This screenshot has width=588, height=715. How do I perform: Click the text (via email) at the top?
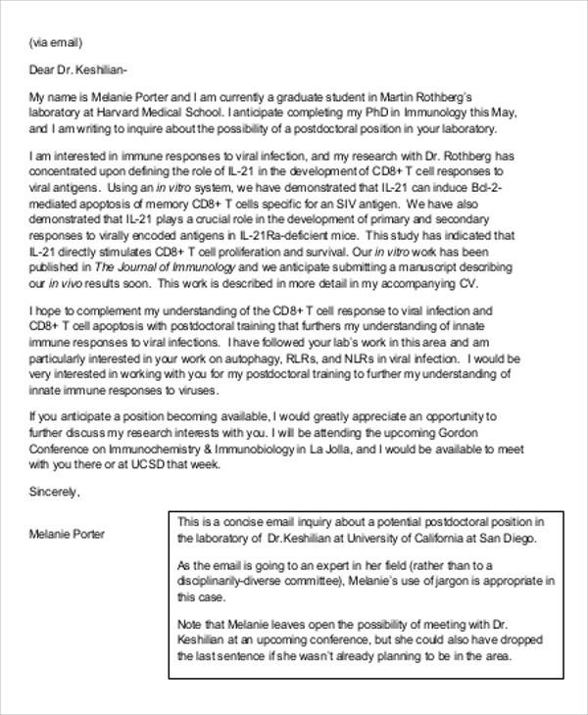(56, 42)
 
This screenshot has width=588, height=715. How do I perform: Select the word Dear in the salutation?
(45, 70)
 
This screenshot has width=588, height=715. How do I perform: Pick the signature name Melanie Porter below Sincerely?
(68, 534)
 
